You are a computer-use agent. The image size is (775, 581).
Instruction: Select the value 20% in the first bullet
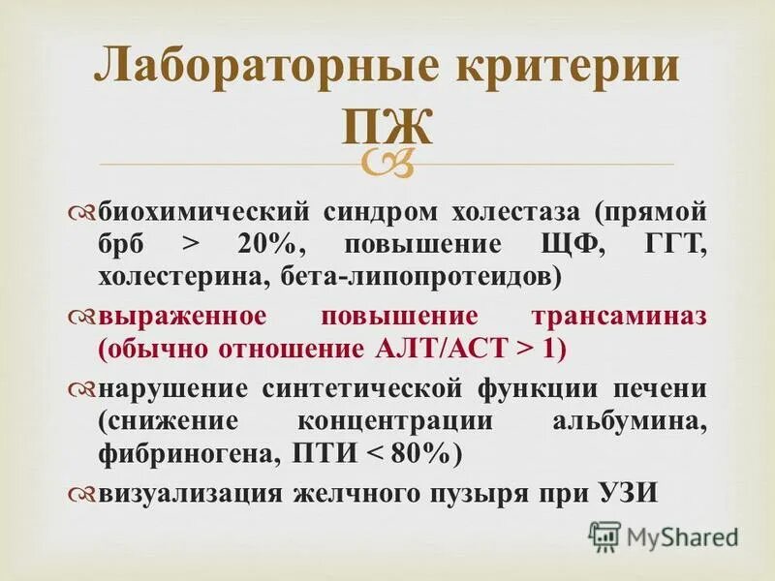point(258,244)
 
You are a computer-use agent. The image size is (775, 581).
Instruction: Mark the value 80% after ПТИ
point(418,455)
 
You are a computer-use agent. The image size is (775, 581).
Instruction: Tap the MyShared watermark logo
point(665,535)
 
